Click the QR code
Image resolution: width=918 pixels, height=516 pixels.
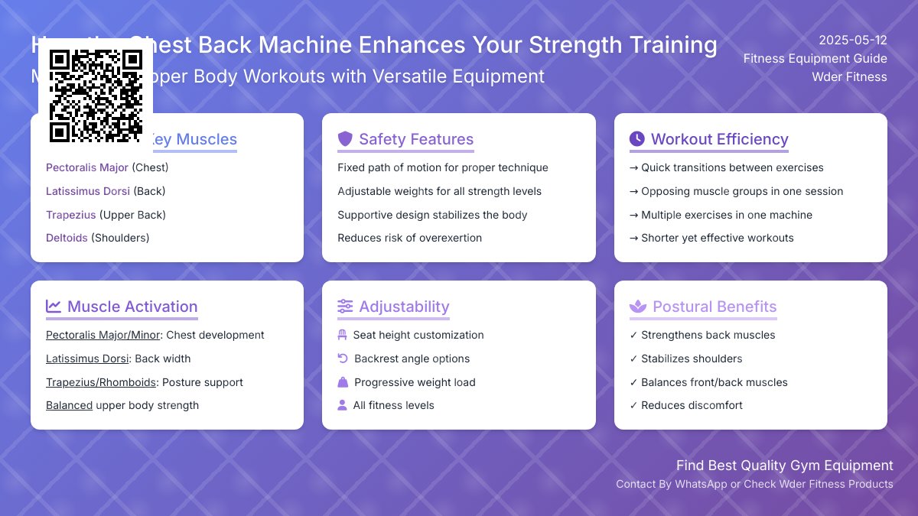pos(96,96)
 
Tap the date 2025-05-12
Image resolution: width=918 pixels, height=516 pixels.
pos(852,41)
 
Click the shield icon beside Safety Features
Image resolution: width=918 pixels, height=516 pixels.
pos(345,139)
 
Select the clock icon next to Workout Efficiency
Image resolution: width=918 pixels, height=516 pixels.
pos(636,139)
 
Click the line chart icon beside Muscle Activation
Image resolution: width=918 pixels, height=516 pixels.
pos(54,307)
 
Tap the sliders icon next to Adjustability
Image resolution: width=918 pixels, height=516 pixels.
pos(345,307)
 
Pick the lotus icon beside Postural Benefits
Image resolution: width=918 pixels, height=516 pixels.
pos(637,307)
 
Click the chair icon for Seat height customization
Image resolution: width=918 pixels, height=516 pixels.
pos(342,335)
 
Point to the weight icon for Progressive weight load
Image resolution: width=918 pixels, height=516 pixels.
pos(343,382)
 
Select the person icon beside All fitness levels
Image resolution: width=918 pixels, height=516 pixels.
pos(342,405)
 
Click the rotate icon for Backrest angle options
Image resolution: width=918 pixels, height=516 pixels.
pos(343,359)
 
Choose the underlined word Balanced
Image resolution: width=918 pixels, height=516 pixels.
pos(69,405)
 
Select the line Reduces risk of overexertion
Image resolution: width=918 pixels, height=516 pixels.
pos(409,238)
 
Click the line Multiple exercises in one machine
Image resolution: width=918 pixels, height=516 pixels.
pos(726,215)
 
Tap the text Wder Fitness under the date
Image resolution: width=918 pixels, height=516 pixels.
pos(849,76)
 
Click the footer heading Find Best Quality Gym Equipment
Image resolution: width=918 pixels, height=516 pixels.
pos(784,466)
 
